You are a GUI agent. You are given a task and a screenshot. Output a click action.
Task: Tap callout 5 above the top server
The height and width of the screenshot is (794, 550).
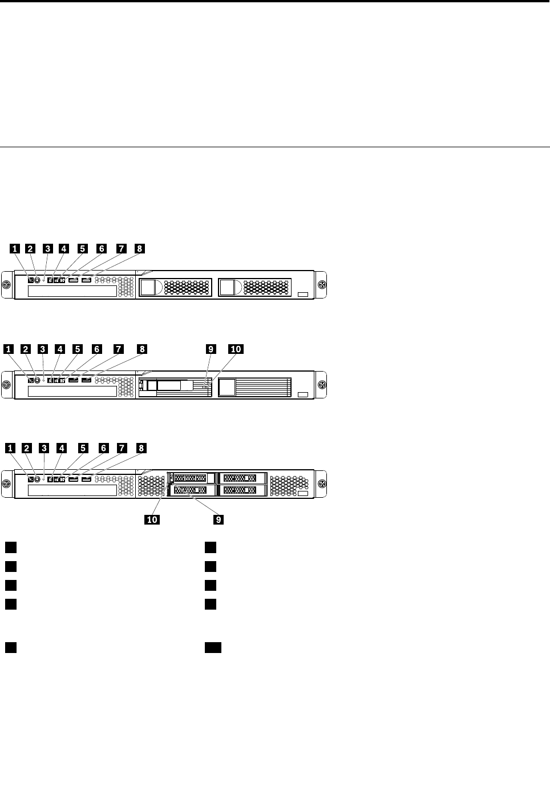click(x=83, y=249)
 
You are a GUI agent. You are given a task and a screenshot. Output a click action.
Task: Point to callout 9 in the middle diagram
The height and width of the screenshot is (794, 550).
click(x=211, y=348)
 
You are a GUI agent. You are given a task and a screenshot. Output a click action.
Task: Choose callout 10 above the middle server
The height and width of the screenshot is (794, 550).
click(x=235, y=348)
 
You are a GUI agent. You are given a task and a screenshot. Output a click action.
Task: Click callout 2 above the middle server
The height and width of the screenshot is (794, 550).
click(x=25, y=348)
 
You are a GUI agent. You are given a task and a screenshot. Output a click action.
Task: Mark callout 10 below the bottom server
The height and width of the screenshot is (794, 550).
click(x=152, y=519)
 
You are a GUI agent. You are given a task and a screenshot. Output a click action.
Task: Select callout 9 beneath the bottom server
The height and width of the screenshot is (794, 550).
click(x=217, y=519)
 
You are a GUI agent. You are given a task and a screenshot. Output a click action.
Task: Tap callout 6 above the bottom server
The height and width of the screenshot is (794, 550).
click(x=103, y=448)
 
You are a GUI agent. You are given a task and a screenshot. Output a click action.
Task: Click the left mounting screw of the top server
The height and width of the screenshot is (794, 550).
click(x=7, y=285)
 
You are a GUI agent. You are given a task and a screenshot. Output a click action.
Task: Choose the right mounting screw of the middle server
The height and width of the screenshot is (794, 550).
click(x=322, y=384)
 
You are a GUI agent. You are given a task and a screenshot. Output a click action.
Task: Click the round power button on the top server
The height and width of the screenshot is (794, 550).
click(x=38, y=280)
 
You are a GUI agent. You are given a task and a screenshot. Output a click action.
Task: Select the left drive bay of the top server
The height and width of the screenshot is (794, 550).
click(x=175, y=287)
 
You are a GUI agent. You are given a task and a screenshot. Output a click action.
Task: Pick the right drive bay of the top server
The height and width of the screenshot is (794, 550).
click(x=254, y=287)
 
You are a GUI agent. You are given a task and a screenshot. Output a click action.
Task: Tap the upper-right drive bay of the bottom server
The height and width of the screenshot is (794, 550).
click(x=242, y=478)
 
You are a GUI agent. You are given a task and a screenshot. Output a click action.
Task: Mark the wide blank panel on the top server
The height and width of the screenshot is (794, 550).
click(x=72, y=291)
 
